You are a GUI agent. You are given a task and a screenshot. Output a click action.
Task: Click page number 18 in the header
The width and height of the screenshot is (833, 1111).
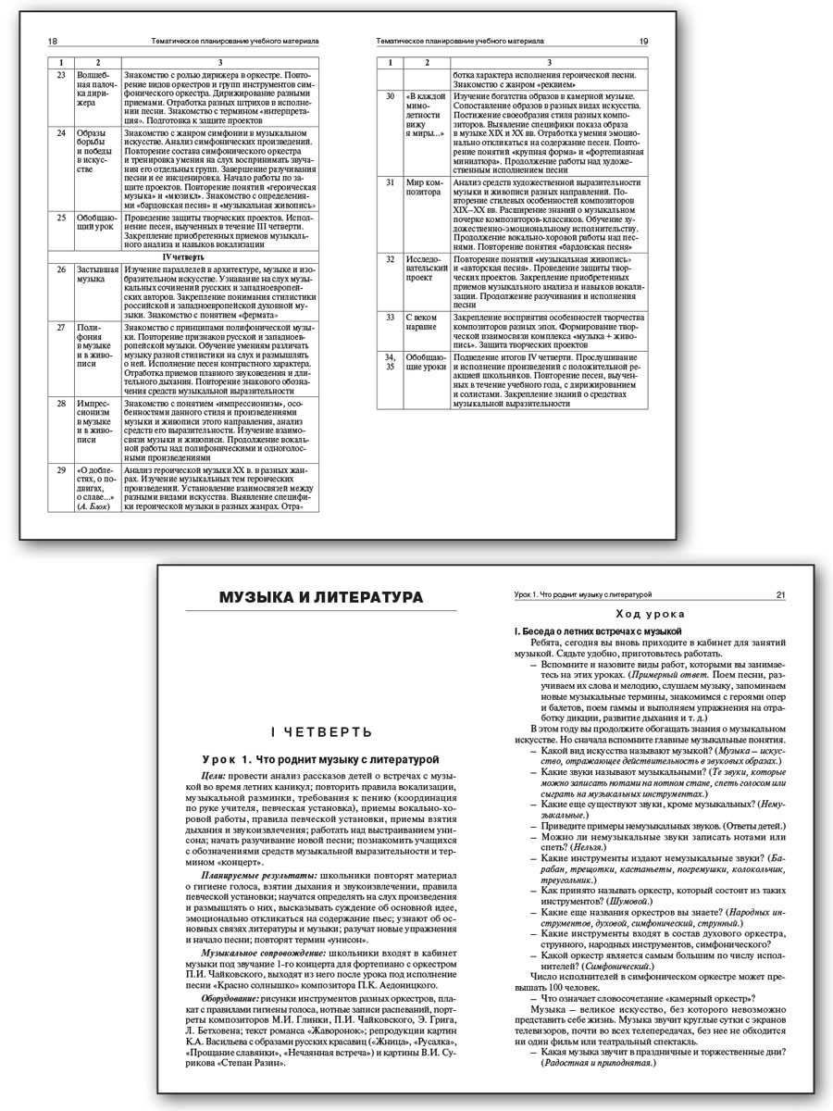click(x=53, y=43)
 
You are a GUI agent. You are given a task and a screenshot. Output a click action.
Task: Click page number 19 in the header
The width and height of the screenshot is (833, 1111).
click(x=643, y=43)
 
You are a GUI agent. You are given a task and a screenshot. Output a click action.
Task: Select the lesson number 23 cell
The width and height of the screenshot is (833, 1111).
click(x=60, y=74)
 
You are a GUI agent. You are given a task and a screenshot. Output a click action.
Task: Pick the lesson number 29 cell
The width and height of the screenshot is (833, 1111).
click(x=60, y=471)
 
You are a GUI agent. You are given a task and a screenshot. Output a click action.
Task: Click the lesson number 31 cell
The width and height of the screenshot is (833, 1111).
click(x=391, y=182)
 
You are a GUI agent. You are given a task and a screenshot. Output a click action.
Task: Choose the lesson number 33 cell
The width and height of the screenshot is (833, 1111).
click(x=391, y=318)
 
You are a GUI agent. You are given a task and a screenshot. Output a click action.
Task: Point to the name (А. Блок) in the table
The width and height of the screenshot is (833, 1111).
click(x=94, y=507)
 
